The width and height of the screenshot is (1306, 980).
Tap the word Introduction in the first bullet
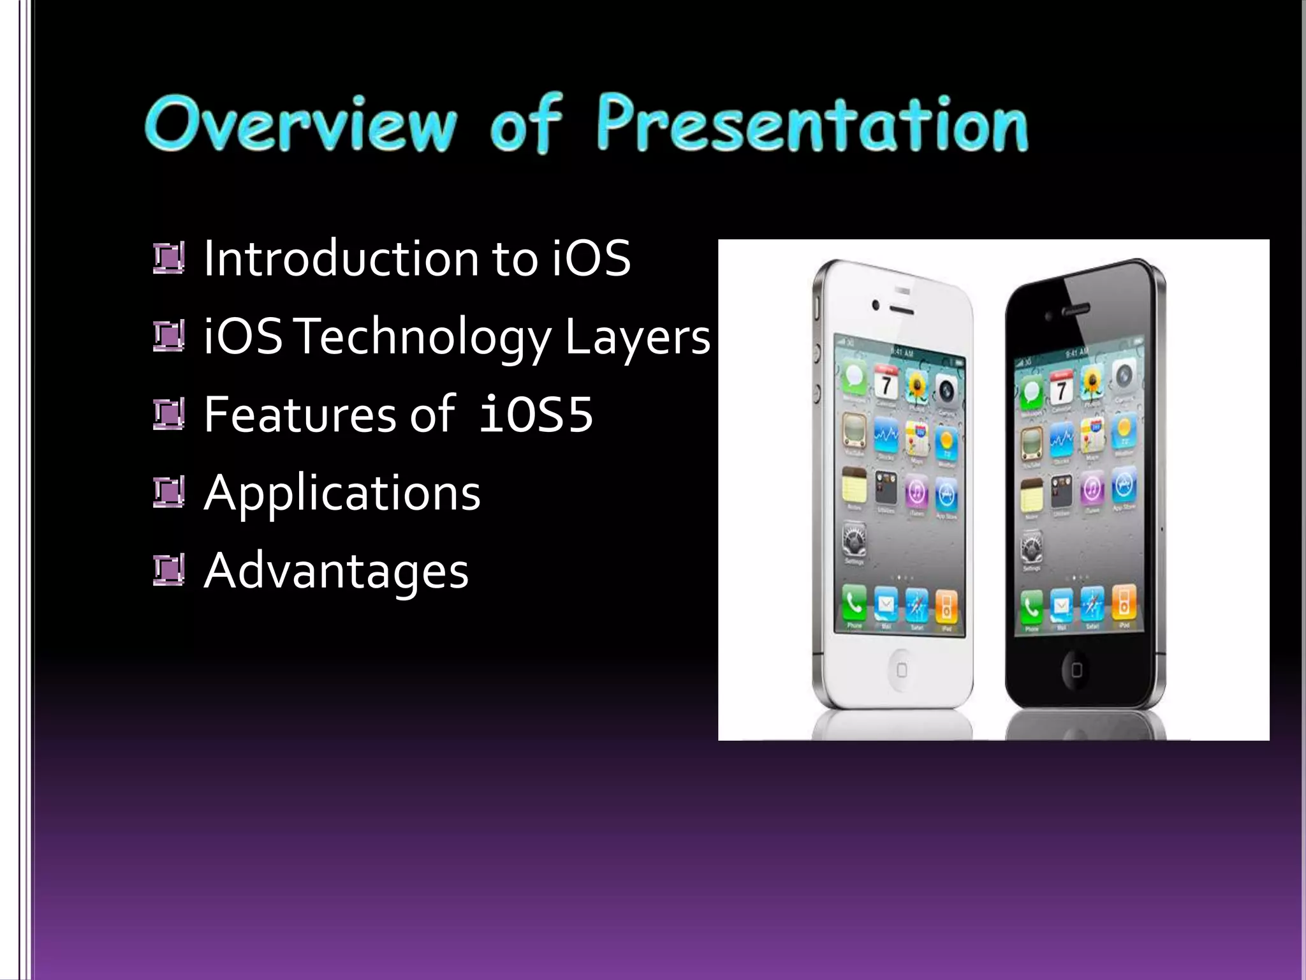[341, 258]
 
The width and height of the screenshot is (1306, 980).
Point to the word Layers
[637, 337]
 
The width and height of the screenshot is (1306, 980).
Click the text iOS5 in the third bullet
[536, 415]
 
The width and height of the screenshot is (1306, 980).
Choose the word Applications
[342, 493]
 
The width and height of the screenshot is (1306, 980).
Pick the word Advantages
[336, 571]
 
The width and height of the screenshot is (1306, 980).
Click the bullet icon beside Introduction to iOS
[169, 258]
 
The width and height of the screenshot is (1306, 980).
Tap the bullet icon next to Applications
[169, 493]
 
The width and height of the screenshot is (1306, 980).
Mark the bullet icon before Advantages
[169, 571]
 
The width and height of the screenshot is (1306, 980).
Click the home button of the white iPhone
[901, 669]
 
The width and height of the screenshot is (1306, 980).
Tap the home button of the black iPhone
[1076, 669]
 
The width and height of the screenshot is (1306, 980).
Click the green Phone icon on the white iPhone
[854, 603]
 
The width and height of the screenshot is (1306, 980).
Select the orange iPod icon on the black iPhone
[1124, 602]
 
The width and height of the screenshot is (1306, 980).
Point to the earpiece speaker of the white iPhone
[901, 310]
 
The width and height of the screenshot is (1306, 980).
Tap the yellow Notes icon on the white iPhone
[854, 486]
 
